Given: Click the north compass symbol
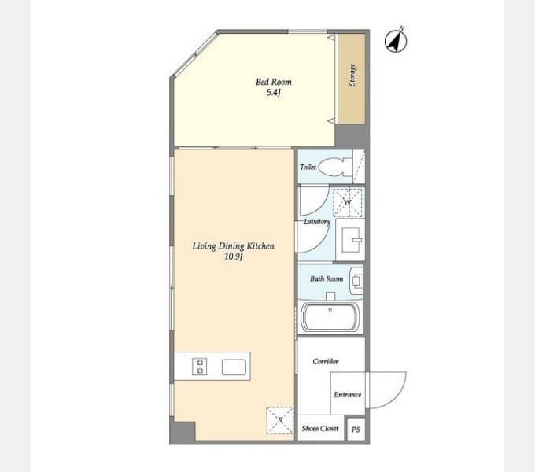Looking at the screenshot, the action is pos(396,41).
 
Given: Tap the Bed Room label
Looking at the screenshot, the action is pos(274,82).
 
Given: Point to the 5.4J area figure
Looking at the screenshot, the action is pos(274,92).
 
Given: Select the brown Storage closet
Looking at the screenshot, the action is pos(352,79).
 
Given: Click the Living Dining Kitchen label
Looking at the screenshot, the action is pos(234,246).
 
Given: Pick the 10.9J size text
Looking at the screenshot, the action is pos(234,256).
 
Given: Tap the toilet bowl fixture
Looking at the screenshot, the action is pos(337,167).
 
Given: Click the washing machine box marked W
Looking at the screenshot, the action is pos(347,202).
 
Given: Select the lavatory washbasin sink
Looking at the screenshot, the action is pos(351,240).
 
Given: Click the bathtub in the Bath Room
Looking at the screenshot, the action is pos(330,317).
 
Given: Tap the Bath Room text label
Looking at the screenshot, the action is pos(327,279).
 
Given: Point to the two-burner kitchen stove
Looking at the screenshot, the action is pos(200,367).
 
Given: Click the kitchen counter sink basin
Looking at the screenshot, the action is pos(234,367).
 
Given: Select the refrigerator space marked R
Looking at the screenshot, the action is pos(280,420).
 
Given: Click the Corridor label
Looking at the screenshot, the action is pos(326,361).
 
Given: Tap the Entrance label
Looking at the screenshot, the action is pos(347,395).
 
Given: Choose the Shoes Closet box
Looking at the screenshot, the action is pos(321,428).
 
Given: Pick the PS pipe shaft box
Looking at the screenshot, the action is pos(356,430).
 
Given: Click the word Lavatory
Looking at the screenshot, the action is pos(317,222).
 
